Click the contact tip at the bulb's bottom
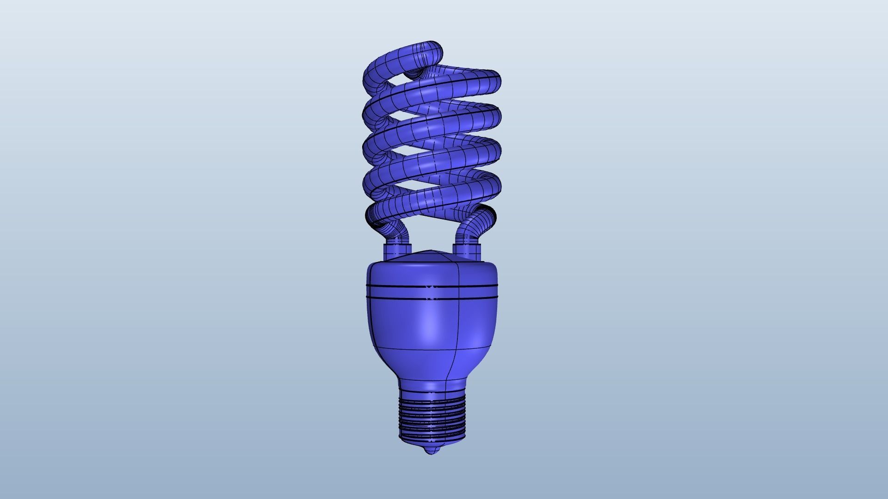pos(432,451)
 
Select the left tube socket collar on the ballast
pos(397,252)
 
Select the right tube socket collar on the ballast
pos(467,251)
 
